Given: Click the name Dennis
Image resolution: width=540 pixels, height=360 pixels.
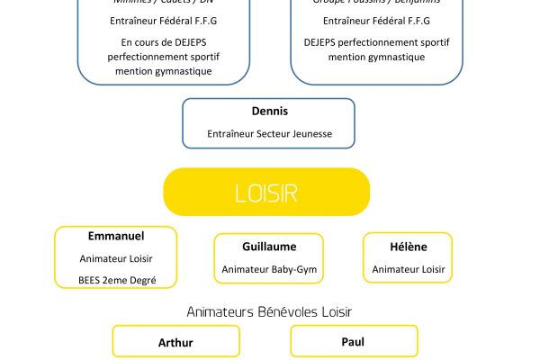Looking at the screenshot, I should pyautogui.click(x=269, y=112).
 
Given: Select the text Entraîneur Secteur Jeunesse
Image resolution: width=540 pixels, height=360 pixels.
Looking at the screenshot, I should pyautogui.click(x=269, y=134).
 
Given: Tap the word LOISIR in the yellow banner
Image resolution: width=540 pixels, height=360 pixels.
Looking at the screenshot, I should pyautogui.click(x=265, y=193).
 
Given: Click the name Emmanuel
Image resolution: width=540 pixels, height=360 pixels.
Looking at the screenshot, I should pyautogui.click(x=116, y=236).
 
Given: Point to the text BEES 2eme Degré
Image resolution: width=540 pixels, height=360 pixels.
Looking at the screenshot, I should pyautogui.click(x=116, y=280).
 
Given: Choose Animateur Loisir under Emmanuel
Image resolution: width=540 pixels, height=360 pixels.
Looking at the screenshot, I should pyautogui.click(x=116, y=258).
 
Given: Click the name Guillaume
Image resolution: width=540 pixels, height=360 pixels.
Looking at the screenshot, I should pyautogui.click(x=269, y=247).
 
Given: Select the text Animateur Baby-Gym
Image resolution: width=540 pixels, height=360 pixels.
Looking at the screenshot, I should pyautogui.click(x=269, y=269).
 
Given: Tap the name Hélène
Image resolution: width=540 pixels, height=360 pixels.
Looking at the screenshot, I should pyautogui.click(x=409, y=247).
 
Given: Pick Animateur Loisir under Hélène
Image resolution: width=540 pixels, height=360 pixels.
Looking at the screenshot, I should pyautogui.click(x=409, y=269).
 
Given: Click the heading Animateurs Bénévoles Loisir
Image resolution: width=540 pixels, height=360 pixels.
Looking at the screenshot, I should pyautogui.click(x=269, y=311).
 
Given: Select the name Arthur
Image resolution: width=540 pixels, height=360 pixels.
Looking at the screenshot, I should pyautogui.click(x=175, y=343).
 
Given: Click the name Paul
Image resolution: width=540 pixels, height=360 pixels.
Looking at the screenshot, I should pyautogui.click(x=353, y=343).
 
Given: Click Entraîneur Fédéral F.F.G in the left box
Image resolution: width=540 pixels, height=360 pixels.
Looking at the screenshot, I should pyautogui.click(x=169, y=20).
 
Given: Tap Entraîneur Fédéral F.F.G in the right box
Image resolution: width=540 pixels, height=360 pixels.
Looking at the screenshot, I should pyautogui.click(x=376, y=20).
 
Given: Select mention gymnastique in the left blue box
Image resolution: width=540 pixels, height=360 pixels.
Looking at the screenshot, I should pyautogui.click(x=169, y=70).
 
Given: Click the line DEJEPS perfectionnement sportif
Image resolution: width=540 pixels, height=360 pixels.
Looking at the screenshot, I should pyautogui.click(x=376, y=41).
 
